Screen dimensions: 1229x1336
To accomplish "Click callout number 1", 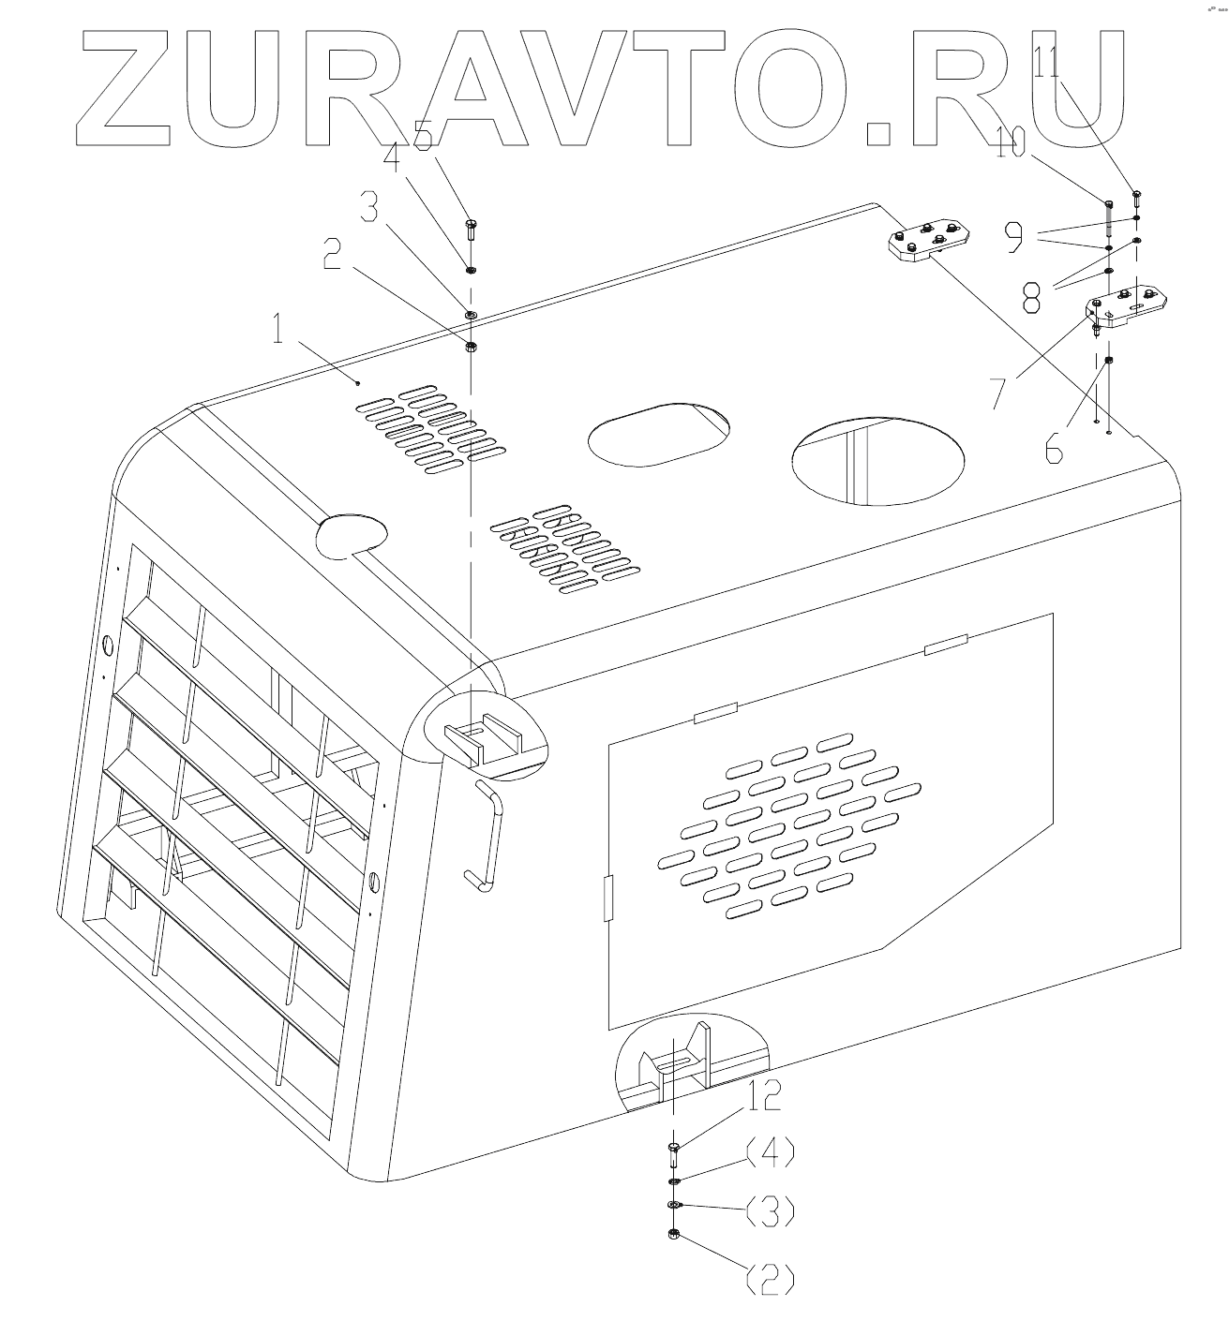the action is point(277,331).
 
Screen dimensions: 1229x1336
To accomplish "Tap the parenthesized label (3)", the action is point(770,1211).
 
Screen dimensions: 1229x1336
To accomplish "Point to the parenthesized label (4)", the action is point(770,1150).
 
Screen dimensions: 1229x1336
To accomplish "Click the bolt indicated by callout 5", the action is point(471,229).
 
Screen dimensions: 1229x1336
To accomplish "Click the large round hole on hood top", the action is point(877,459).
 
